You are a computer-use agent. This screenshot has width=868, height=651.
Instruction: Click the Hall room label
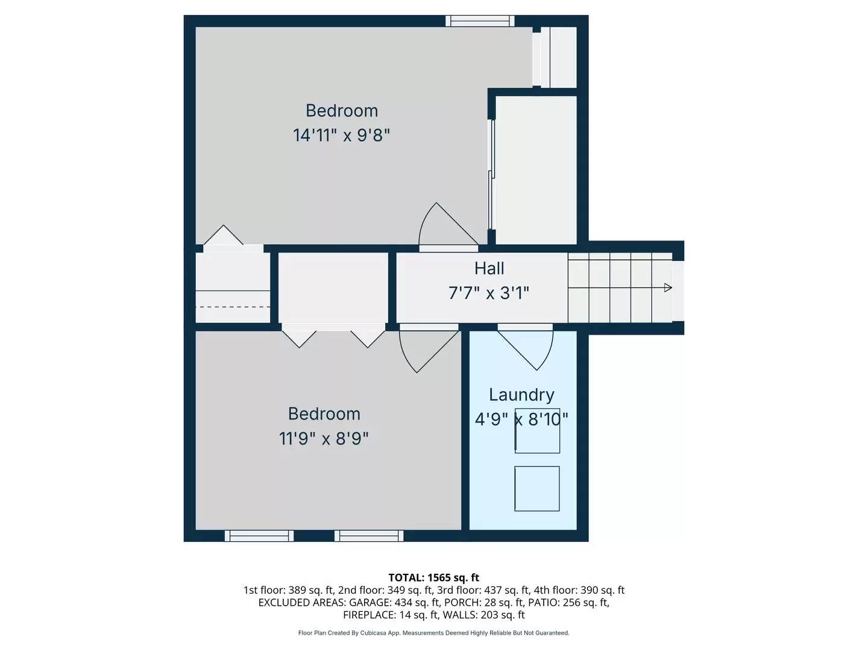[489, 268]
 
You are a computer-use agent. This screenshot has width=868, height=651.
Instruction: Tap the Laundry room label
[521, 394]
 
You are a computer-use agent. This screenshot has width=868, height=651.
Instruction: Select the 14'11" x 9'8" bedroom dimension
[341, 135]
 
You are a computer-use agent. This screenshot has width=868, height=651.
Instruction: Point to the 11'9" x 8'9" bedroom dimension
[324, 439]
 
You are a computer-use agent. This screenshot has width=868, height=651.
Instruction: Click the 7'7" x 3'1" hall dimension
[489, 294]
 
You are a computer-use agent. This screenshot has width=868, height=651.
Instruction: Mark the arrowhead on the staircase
[668, 288]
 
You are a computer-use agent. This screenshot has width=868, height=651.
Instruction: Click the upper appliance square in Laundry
[537, 430]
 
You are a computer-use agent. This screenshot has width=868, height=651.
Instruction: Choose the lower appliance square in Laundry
[537, 488]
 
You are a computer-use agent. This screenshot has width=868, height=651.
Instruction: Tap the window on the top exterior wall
[480, 21]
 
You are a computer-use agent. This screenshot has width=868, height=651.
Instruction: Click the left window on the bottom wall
[259, 536]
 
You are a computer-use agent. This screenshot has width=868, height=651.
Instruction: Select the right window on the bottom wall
[369, 536]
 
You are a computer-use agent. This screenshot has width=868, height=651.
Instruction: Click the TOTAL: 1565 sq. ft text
[434, 577]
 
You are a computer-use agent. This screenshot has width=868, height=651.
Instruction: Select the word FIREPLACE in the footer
[369, 615]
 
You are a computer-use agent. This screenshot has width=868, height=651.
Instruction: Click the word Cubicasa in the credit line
[373, 633]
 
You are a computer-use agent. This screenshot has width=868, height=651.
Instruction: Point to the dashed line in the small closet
[233, 307]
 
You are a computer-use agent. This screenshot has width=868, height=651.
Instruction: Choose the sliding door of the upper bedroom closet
[491, 174]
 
